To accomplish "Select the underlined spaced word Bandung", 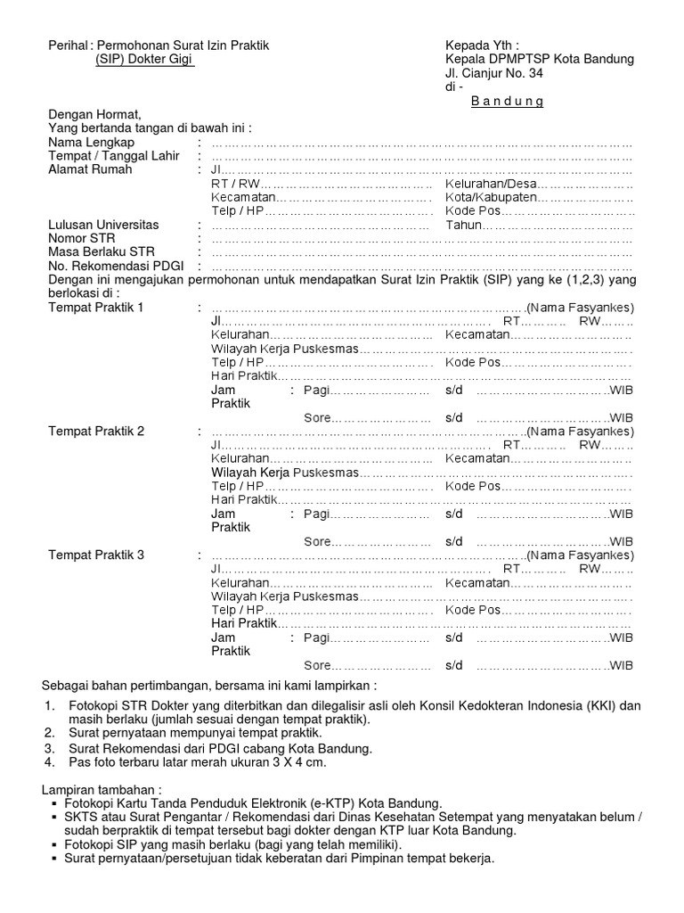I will tap(507, 102).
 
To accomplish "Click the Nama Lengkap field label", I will tap(92, 143).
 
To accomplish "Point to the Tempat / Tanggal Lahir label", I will tap(107, 157).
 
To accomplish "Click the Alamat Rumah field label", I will tap(90, 171).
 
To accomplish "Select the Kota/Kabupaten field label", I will tap(491, 197).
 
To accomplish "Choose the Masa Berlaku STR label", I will tap(95, 252).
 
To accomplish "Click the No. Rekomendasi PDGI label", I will tap(109, 266).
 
